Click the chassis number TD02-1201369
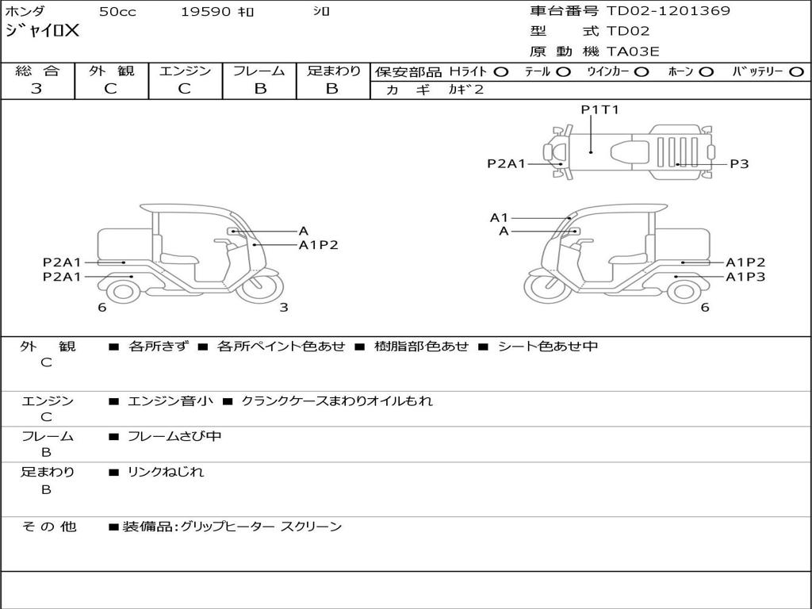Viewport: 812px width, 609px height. pos(668,11)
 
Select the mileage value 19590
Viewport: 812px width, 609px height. pos(205,12)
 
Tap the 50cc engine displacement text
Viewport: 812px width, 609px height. pos(117,12)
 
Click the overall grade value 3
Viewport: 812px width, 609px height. pos(36,89)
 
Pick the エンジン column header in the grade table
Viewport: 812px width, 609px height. pos(185,71)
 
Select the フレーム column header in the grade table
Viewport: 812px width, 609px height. pos(259,71)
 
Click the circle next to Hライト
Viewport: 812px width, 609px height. pos(500,72)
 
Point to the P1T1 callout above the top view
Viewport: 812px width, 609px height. pos(599,110)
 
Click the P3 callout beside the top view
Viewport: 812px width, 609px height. pos(739,164)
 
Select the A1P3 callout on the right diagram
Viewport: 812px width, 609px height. pos(745,277)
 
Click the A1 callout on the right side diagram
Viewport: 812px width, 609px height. pos(499,217)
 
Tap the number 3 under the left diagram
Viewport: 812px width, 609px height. pos(284,308)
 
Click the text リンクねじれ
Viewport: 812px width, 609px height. pos(166,472)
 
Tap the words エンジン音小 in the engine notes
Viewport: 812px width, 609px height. pos(170,401)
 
